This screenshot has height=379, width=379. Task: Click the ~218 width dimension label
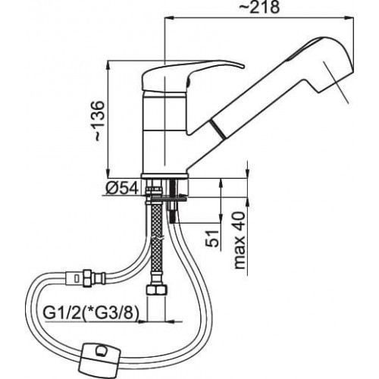(259, 8)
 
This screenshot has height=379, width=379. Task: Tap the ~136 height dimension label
(99, 121)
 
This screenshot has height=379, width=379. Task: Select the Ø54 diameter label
(122, 188)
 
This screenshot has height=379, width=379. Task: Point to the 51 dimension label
(212, 238)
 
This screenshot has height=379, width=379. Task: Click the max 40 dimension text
(240, 240)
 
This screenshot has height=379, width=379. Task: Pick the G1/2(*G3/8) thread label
(91, 314)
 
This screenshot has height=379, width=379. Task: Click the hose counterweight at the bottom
(101, 356)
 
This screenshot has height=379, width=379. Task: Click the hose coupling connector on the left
(84, 278)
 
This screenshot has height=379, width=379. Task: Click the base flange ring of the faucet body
(165, 177)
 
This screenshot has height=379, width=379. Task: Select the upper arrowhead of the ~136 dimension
(108, 65)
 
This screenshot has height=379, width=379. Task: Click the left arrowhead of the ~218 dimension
(170, 17)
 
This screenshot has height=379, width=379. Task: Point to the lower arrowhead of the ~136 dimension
(108, 173)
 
